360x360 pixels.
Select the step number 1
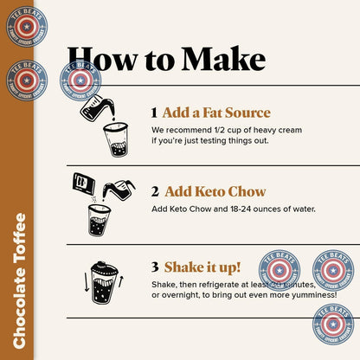(154, 113)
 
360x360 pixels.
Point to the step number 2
(154, 191)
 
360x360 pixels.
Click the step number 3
(154, 267)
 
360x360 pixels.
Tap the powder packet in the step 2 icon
(84, 183)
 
